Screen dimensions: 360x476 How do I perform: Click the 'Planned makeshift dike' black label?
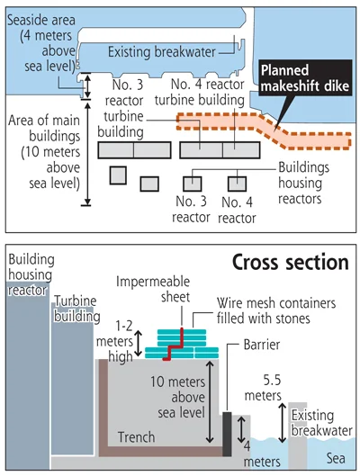[305, 78]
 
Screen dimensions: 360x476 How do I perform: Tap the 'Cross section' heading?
[291, 262]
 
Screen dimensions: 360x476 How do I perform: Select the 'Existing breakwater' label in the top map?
[162, 52]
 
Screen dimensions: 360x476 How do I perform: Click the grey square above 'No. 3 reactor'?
[192, 184]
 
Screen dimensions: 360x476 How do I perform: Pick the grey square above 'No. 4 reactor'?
[237, 184]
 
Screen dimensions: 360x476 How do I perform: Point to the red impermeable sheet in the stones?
[174, 345]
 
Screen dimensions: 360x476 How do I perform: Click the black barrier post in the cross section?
[227, 434]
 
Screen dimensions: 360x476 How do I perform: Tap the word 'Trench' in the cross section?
[137, 437]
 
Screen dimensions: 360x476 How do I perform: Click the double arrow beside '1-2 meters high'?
[138, 344]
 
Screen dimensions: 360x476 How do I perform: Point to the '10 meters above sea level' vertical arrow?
[210, 401]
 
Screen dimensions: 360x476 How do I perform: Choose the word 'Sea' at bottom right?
[336, 458]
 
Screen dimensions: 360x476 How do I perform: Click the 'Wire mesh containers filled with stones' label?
[276, 310]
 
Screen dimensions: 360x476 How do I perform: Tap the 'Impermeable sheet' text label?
[153, 290]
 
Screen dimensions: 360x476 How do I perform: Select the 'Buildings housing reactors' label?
[303, 183]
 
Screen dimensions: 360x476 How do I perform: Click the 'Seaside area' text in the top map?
[41, 21]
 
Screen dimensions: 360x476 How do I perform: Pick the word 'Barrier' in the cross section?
[262, 345]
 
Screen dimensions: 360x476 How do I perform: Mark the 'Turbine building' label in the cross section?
[77, 309]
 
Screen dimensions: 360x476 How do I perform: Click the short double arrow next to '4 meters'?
[241, 429]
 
